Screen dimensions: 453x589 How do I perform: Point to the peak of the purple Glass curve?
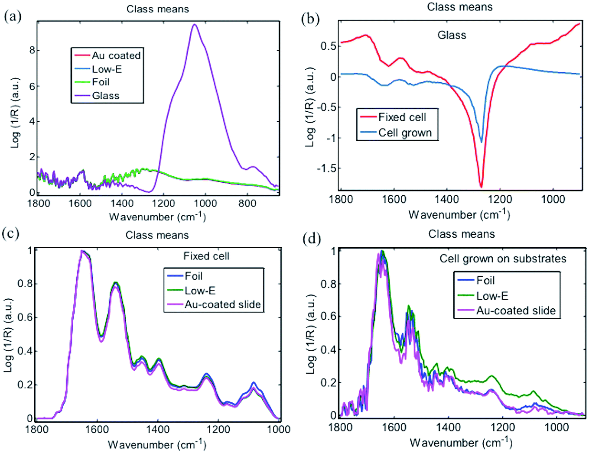click(195, 25)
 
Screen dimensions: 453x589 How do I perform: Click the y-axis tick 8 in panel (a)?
click(32, 50)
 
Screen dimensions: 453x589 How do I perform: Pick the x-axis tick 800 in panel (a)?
click(247, 203)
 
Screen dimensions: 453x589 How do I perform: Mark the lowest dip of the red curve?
click(481, 187)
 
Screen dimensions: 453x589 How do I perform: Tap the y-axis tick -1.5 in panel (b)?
click(325, 168)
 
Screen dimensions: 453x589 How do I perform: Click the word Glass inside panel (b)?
click(452, 35)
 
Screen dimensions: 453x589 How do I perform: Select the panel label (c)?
click(11, 233)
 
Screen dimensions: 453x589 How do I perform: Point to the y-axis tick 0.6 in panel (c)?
click(25, 317)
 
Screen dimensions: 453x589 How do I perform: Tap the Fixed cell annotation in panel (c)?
click(206, 256)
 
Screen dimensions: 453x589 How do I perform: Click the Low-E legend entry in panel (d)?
click(492, 296)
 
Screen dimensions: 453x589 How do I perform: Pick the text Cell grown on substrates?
click(503, 259)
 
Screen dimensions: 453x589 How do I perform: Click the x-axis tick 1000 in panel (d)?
click(556, 428)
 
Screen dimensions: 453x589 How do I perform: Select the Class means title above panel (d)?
click(462, 234)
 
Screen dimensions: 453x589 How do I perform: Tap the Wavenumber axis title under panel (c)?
click(157, 444)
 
